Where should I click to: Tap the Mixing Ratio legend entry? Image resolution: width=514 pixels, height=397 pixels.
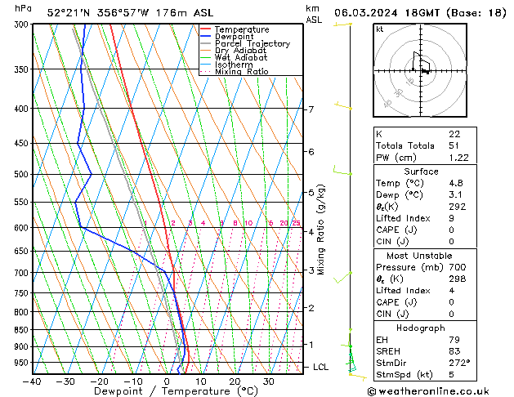coord(241,72)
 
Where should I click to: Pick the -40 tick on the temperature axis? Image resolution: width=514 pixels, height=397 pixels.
coord(32,381)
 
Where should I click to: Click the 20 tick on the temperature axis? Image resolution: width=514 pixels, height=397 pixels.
coord(235,381)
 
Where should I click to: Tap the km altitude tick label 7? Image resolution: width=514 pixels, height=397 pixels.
coord(311,109)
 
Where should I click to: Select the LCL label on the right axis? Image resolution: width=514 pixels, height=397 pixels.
coord(321,368)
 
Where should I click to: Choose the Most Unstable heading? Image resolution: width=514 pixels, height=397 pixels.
coord(421,255)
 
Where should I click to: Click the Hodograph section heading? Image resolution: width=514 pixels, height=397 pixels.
coord(421,328)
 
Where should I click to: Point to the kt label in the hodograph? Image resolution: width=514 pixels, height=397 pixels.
coord(379,29)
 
